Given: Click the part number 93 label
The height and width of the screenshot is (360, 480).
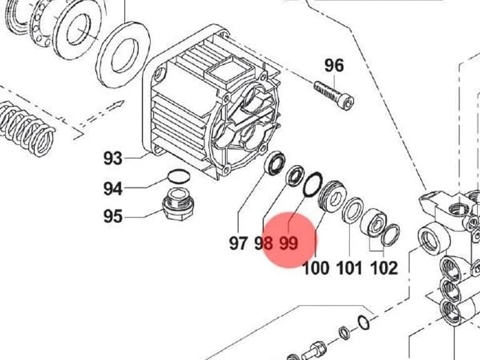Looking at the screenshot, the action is click(x=112, y=158).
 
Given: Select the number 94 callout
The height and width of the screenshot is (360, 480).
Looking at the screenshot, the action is click(x=112, y=188).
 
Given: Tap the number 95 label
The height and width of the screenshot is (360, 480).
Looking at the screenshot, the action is click(x=112, y=216).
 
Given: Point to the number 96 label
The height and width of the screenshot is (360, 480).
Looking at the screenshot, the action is click(x=334, y=66).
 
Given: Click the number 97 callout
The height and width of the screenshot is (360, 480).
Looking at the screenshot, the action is click(x=238, y=243).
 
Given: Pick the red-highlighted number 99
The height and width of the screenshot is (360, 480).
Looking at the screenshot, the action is click(x=289, y=243).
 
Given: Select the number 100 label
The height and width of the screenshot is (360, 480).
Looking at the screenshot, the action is click(x=316, y=268).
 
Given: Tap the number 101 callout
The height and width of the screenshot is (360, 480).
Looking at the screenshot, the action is click(x=349, y=268).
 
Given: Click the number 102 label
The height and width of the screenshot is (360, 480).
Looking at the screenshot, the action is click(x=384, y=268).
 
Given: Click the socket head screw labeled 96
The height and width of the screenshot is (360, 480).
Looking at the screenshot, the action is click(x=334, y=95).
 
